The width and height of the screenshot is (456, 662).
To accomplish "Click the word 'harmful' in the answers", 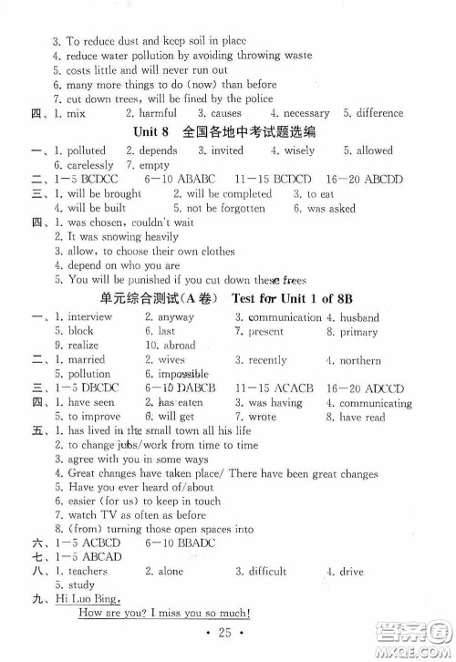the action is click(x=158, y=113).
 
